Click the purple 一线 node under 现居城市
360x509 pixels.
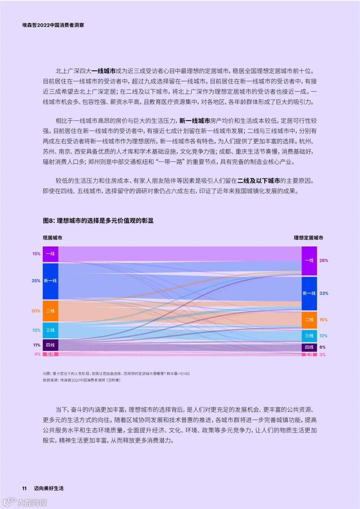(x=50, y=254)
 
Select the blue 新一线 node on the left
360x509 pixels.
(x=50, y=281)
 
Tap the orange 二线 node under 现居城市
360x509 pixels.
(x=50, y=311)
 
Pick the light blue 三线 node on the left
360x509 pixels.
(x=50, y=330)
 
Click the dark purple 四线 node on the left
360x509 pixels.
(x=50, y=345)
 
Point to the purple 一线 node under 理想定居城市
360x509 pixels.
(x=309, y=261)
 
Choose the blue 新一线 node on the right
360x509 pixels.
(x=309, y=293)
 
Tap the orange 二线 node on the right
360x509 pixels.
(x=309, y=320)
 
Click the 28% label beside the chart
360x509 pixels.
(x=324, y=261)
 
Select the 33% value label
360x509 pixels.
(x=324, y=294)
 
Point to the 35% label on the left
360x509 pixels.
(x=36, y=281)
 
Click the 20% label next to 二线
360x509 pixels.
(x=36, y=311)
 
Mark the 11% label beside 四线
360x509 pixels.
(x=37, y=345)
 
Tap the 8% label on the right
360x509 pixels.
(x=322, y=347)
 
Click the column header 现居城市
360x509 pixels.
(x=52, y=238)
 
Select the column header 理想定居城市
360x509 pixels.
(x=308, y=238)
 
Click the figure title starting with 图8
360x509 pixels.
(x=98, y=220)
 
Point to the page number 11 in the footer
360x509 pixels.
(x=24, y=488)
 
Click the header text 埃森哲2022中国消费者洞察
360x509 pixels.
(x=53, y=25)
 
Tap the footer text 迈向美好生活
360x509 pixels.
(x=49, y=488)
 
